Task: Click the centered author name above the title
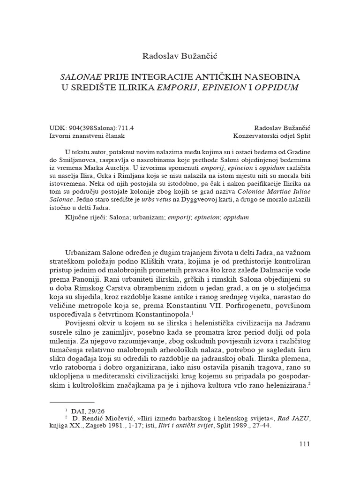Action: [180, 57]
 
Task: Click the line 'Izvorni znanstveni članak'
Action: [87, 136]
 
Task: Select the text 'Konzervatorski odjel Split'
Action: [272, 136]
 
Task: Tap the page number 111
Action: [304, 444]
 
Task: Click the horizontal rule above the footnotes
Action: [72, 402]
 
